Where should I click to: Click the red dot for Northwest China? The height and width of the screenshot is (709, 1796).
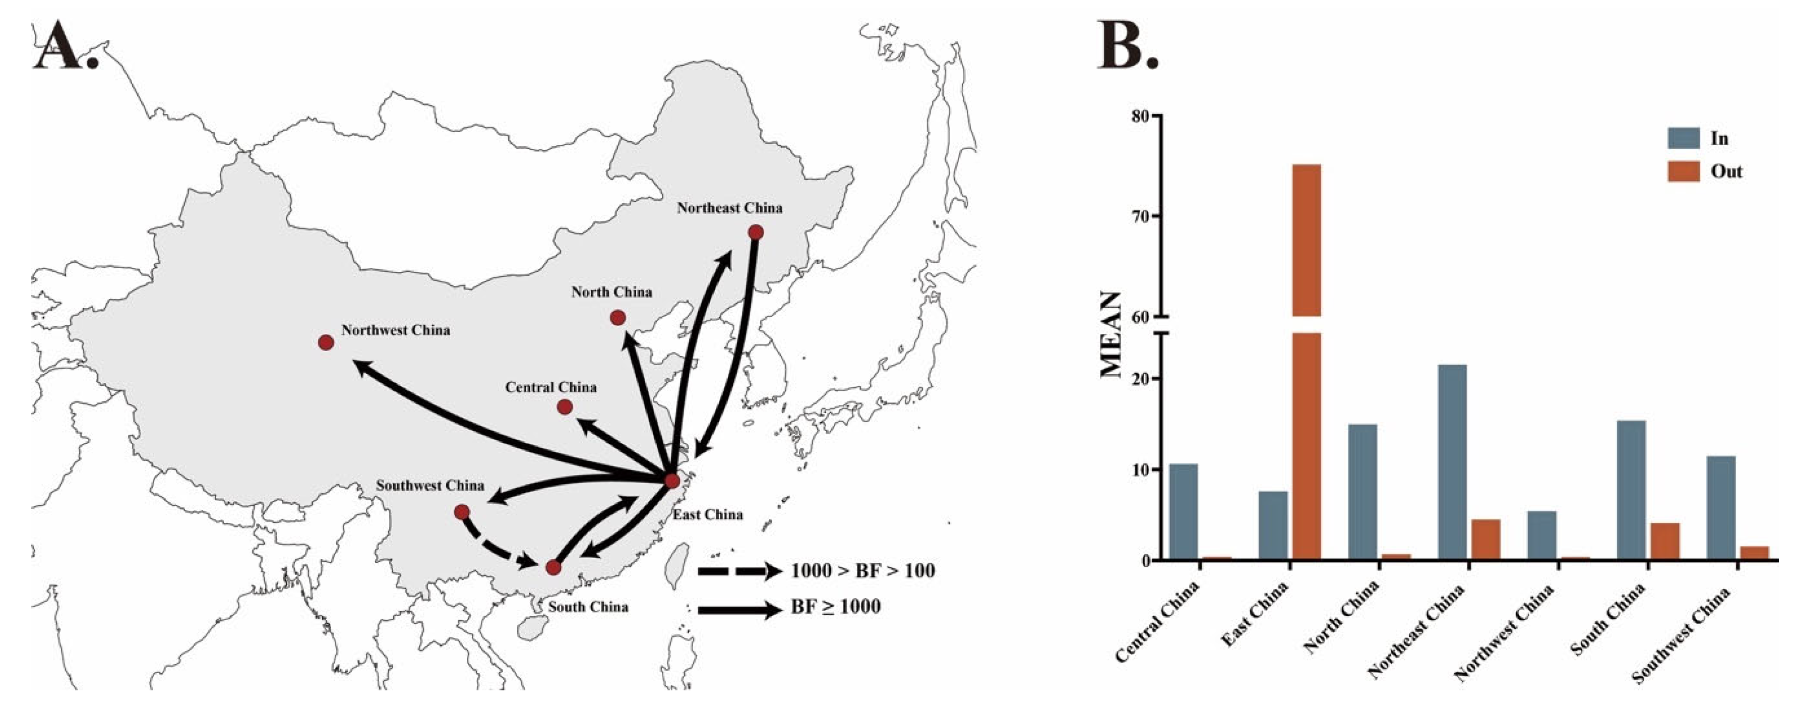tap(326, 342)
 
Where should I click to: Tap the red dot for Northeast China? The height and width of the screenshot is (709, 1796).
tap(755, 232)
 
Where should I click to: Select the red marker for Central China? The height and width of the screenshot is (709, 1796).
tap(565, 406)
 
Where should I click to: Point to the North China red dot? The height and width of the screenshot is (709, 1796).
tap(617, 318)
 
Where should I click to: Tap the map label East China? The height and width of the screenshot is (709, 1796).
tap(707, 514)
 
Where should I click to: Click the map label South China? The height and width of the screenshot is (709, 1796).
tap(588, 607)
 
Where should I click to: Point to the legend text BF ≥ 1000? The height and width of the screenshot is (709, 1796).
tap(835, 607)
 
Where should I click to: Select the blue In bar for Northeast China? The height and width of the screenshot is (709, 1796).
tap(1452, 461)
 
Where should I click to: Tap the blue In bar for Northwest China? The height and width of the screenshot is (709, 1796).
tap(1541, 536)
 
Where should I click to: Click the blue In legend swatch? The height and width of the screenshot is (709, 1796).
tap(1683, 138)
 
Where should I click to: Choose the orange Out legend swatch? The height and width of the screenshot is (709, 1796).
tap(1683, 171)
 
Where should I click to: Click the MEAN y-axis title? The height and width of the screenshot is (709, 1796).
tap(1111, 335)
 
